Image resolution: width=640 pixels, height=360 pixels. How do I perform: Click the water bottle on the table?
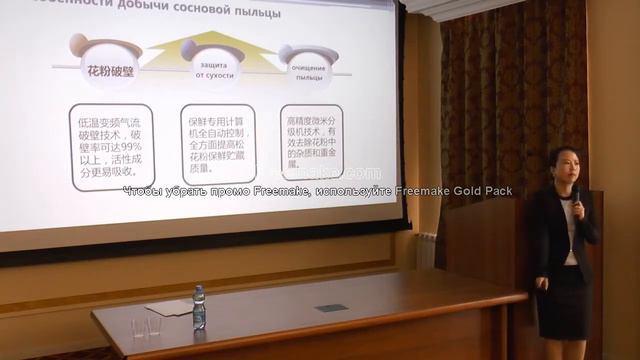(199, 307)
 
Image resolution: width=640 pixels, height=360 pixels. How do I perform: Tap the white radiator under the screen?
(427, 251)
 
